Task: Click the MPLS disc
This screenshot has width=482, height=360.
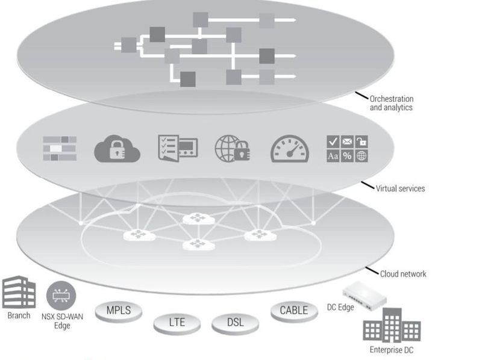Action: (x=119, y=312)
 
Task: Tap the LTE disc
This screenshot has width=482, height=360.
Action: (x=177, y=323)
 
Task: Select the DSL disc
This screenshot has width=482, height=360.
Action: (x=236, y=323)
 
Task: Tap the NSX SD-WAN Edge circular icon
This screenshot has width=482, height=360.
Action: (x=61, y=296)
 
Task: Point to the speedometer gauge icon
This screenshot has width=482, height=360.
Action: (x=289, y=148)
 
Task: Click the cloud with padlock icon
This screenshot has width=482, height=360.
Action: (x=117, y=148)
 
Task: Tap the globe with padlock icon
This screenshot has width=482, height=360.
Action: (x=233, y=148)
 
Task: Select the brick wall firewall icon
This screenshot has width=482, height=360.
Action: (x=60, y=148)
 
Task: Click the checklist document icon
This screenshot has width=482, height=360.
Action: (x=177, y=147)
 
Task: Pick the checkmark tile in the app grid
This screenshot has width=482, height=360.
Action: (x=333, y=141)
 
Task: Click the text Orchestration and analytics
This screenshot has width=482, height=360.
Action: (x=392, y=103)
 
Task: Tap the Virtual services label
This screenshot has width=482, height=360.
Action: (x=400, y=188)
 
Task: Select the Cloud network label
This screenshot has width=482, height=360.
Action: (x=402, y=274)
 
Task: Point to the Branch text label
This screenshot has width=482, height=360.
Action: (x=19, y=315)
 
